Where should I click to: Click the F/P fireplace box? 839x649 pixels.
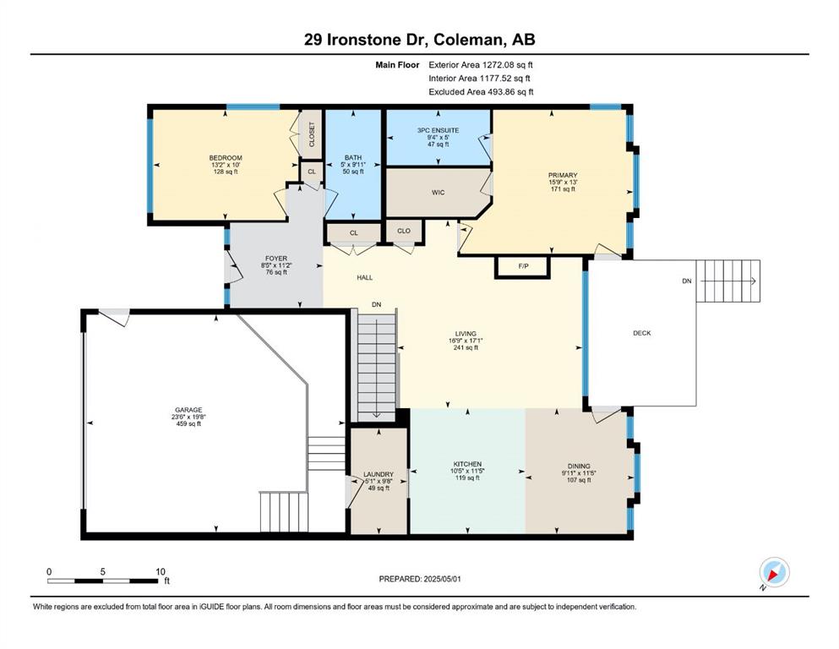click(523, 266)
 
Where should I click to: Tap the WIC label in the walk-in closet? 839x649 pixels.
click(439, 193)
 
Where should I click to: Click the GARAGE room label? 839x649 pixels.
click(189, 411)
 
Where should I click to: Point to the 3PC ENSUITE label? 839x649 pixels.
click(439, 130)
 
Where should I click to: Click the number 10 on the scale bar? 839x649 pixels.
click(160, 571)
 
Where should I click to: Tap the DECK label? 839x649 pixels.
click(642, 333)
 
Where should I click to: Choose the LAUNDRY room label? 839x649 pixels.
click(379, 475)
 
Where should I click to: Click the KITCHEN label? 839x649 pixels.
click(467, 465)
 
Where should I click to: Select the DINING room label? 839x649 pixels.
click(579, 466)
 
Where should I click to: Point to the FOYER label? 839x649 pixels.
click(276, 259)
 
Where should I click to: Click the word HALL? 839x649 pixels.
click(365, 278)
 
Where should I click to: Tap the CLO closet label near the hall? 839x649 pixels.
click(404, 232)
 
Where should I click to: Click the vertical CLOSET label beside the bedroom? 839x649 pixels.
click(312, 134)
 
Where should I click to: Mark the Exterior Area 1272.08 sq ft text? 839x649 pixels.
click(481, 65)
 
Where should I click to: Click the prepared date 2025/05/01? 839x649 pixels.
click(442, 579)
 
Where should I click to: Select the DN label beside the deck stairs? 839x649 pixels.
click(687, 281)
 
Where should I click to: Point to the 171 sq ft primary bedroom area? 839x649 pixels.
click(563, 188)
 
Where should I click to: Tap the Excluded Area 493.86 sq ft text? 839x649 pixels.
click(481, 92)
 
